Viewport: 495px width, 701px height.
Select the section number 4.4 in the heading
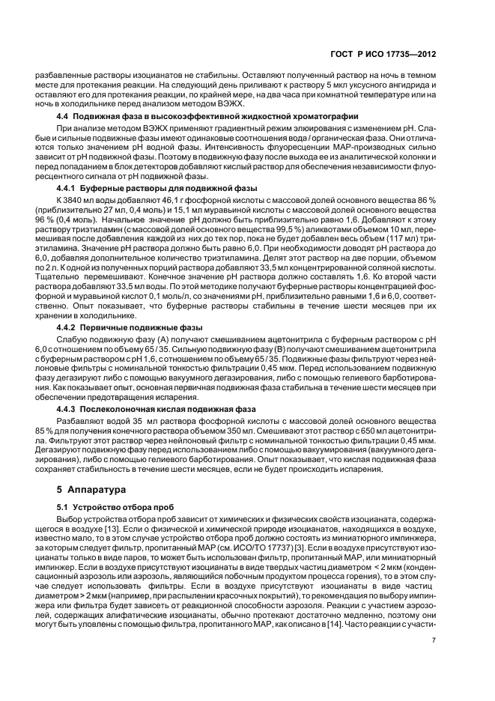[x=63, y=117]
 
